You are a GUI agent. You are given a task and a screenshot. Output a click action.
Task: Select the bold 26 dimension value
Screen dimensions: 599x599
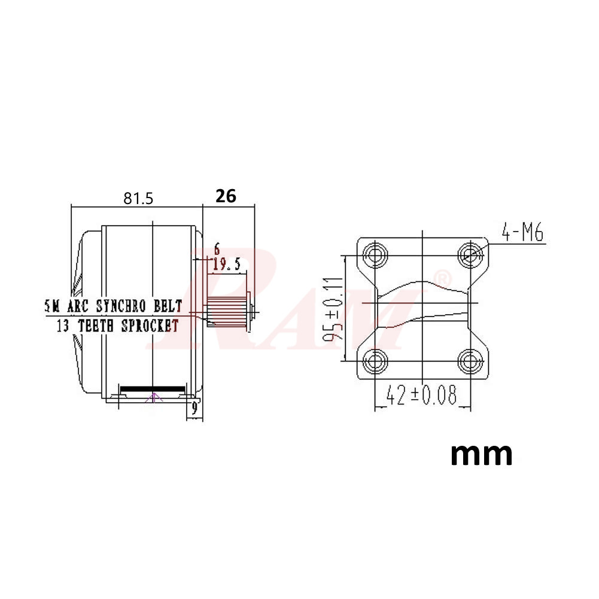[x=226, y=196]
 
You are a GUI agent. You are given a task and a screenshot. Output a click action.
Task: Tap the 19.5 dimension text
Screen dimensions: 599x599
[x=226, y=265]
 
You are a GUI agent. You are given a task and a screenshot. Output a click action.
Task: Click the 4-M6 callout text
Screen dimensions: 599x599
[x=522, y=233]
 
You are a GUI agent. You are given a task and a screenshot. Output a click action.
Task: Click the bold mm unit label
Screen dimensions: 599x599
[x=481, y=454]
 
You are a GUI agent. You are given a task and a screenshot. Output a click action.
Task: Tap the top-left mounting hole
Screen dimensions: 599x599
[x=376, y=255]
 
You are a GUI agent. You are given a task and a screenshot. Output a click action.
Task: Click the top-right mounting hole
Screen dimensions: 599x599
[x=470, y=255]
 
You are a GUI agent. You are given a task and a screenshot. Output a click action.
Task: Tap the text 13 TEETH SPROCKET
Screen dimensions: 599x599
[x=117, y=326]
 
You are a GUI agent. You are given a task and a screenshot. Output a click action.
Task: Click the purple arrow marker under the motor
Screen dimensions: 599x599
[x=154, y=396]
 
